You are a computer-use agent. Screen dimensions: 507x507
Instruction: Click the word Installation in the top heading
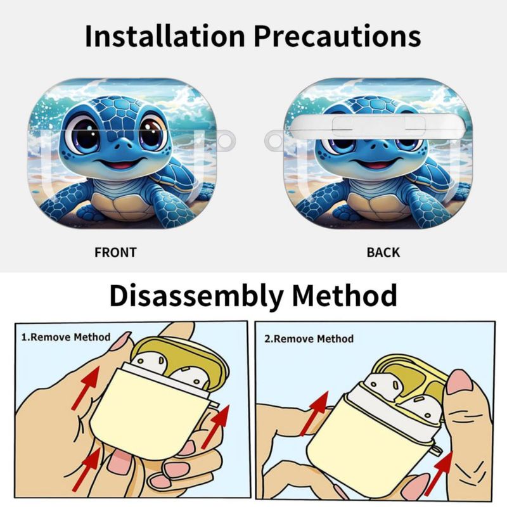165,35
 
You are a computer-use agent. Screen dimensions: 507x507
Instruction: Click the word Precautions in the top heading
338,35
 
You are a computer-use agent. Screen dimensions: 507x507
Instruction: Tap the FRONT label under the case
115,252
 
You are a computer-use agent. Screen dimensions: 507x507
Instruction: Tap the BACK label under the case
383,252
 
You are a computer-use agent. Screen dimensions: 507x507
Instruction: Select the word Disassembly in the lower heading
196,297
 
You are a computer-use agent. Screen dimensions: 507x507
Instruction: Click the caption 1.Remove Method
66,337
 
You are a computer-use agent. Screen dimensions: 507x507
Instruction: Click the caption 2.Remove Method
309,339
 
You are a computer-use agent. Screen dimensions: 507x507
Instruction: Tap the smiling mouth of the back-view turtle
376,164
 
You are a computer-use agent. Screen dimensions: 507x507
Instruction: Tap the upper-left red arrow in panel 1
86,388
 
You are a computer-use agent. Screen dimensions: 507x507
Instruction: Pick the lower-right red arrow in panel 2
438,473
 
